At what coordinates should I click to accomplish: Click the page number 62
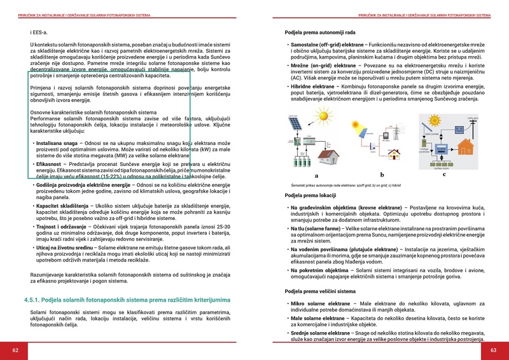click(x=15, y=350)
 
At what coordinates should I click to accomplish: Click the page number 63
click(x=493, y=350)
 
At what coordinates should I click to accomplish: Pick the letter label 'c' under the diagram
click(x=443, y=174)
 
